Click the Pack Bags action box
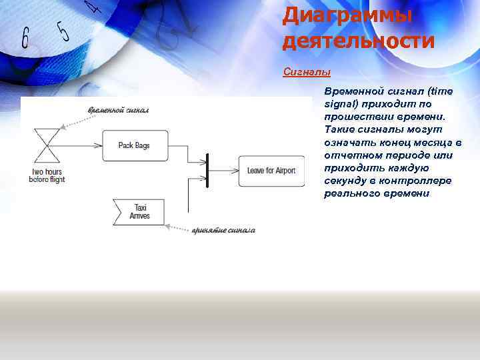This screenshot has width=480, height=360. click(135, 145)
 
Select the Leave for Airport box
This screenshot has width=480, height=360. click(271, 171)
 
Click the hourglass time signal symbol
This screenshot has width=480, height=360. click(47, 145)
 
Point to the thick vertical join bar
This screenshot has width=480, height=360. click(208, 170)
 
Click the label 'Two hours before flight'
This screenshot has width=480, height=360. click(47, 176)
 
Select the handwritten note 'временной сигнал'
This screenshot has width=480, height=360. click(118, 109)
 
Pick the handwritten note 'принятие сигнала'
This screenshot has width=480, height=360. click(223, 230)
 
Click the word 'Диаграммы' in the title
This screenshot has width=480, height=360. click(347, 15)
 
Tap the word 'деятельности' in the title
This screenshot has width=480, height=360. click(359, 41)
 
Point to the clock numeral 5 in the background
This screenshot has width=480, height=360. click(63, 30)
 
